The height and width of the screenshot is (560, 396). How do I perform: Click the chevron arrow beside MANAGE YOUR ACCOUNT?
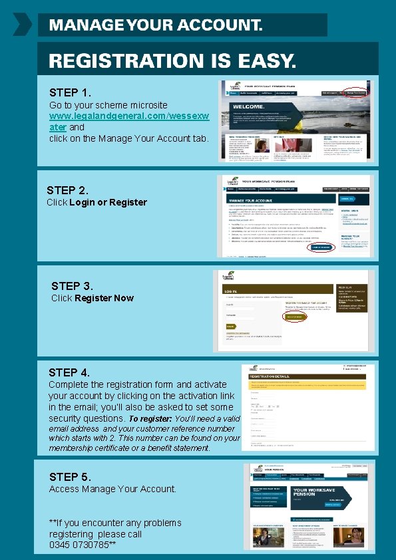tap(22, 25)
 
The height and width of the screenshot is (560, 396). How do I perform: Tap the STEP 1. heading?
tap(70, 92)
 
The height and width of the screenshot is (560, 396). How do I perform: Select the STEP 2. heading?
tap(67, 190)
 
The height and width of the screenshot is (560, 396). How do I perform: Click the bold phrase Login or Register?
tap(108, 202)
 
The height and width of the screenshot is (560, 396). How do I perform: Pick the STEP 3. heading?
tap(72, 286)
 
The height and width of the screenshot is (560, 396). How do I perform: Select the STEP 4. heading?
tap(69, 372)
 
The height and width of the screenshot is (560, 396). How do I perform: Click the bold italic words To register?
tap(150, 420)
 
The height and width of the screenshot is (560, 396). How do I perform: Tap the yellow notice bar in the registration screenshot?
tap(307, 385)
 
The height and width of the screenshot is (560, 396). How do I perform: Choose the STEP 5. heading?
tap(70, 477)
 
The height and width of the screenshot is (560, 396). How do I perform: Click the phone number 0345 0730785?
tap(80, 545)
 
